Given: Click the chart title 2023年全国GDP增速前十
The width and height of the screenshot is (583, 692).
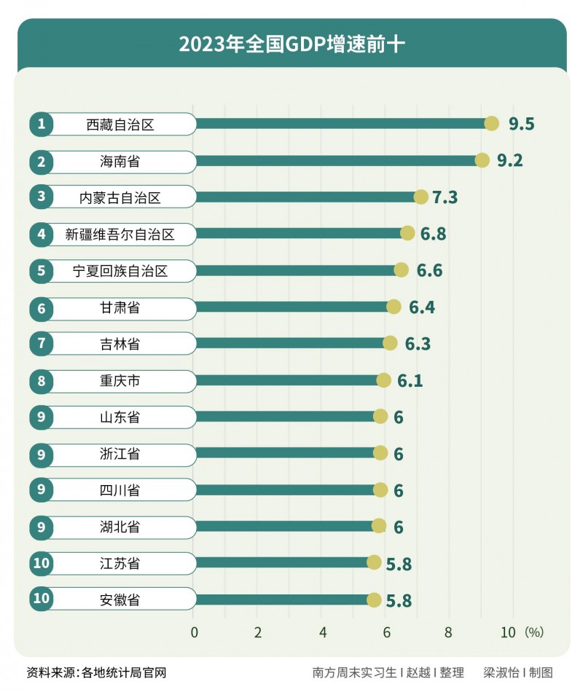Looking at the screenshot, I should click(291, 44).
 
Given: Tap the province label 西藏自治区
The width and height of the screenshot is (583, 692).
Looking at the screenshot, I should click(121, 125).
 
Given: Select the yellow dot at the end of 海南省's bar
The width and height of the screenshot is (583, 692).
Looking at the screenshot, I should click(482, 160).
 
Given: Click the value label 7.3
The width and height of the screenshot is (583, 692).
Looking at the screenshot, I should click(445, 197).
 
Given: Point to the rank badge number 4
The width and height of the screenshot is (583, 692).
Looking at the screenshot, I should click(42, 234).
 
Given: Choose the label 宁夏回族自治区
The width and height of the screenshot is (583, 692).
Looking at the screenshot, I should click(121, 271).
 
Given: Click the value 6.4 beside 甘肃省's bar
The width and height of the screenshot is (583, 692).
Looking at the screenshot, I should click(422, 307).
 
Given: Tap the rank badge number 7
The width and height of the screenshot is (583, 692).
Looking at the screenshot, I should click(42, 344).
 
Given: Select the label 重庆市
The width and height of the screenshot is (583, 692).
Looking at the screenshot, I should click(121, 380).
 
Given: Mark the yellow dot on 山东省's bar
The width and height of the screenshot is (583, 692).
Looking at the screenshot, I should click(380, 416).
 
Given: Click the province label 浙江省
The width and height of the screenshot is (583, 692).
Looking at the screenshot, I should click(121, 454).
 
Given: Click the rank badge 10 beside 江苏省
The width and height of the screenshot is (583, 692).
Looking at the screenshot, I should click(42, 563).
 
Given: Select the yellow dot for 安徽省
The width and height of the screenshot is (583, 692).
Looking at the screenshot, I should click(374, 599).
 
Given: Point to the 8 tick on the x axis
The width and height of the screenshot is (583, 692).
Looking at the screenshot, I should click(448, 632).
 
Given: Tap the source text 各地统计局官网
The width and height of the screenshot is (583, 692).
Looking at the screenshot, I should click(125, 672).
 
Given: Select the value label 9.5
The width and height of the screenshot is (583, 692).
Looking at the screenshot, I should click(522, 125).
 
